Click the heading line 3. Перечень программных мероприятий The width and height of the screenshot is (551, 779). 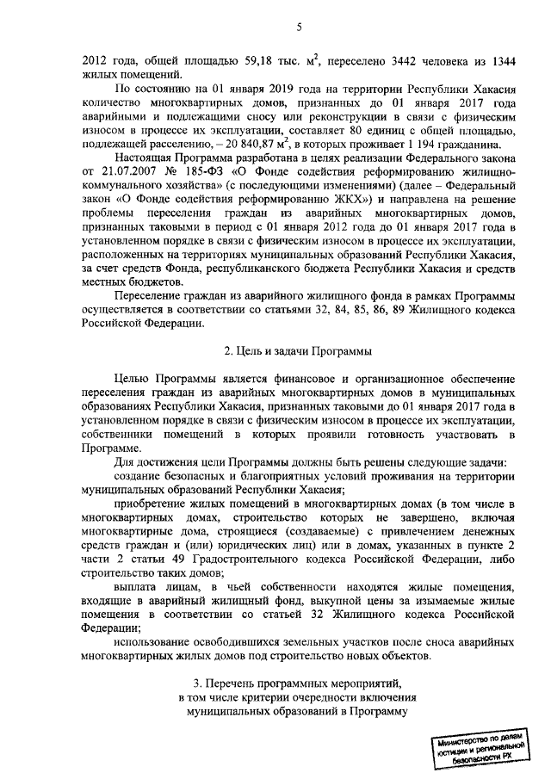click(x=297, y=683)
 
